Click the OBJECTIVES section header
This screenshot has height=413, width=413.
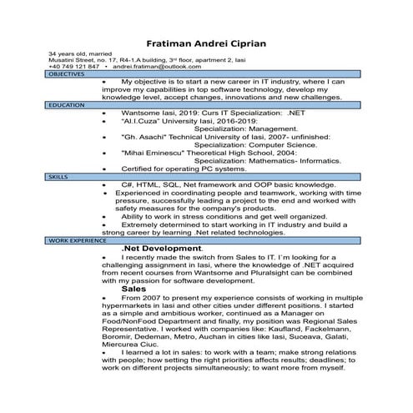click(x=67, y=74)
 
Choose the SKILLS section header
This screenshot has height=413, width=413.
click(x=58, y=178)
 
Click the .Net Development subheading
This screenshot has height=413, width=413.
click(x=161, y=248)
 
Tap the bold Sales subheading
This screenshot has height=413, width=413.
click(x=133, y=288)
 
